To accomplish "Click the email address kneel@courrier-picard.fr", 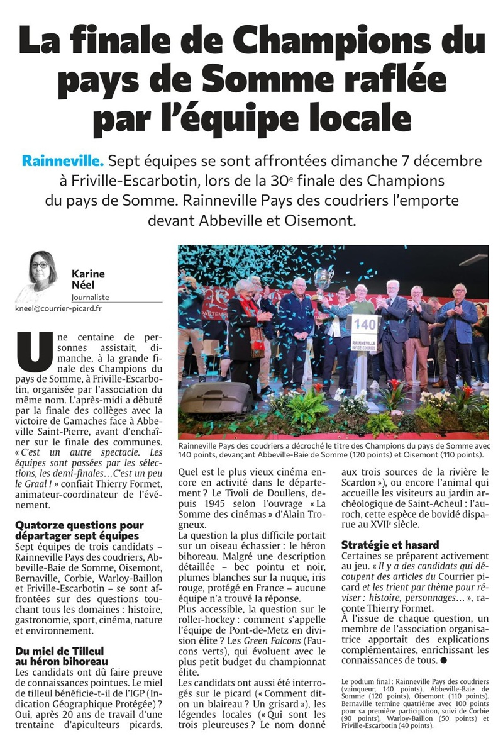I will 58,309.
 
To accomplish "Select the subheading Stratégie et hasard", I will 390,545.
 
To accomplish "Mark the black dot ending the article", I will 443,661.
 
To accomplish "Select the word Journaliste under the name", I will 90,297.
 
